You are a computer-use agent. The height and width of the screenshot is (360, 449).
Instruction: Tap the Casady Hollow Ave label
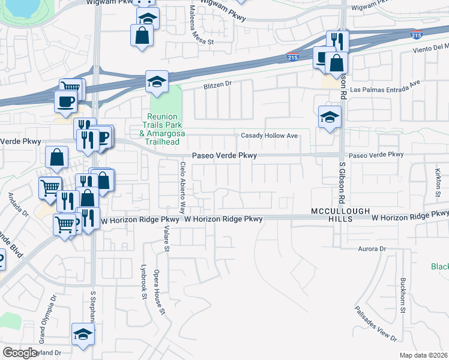click(x=270, y=136)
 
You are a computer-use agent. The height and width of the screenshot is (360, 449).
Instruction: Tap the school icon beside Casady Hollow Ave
click(x=330, y=117)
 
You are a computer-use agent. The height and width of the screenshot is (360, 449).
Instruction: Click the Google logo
click(x=20, y=353)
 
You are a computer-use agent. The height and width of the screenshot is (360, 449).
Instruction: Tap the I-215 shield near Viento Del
click(x=417, y=35)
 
